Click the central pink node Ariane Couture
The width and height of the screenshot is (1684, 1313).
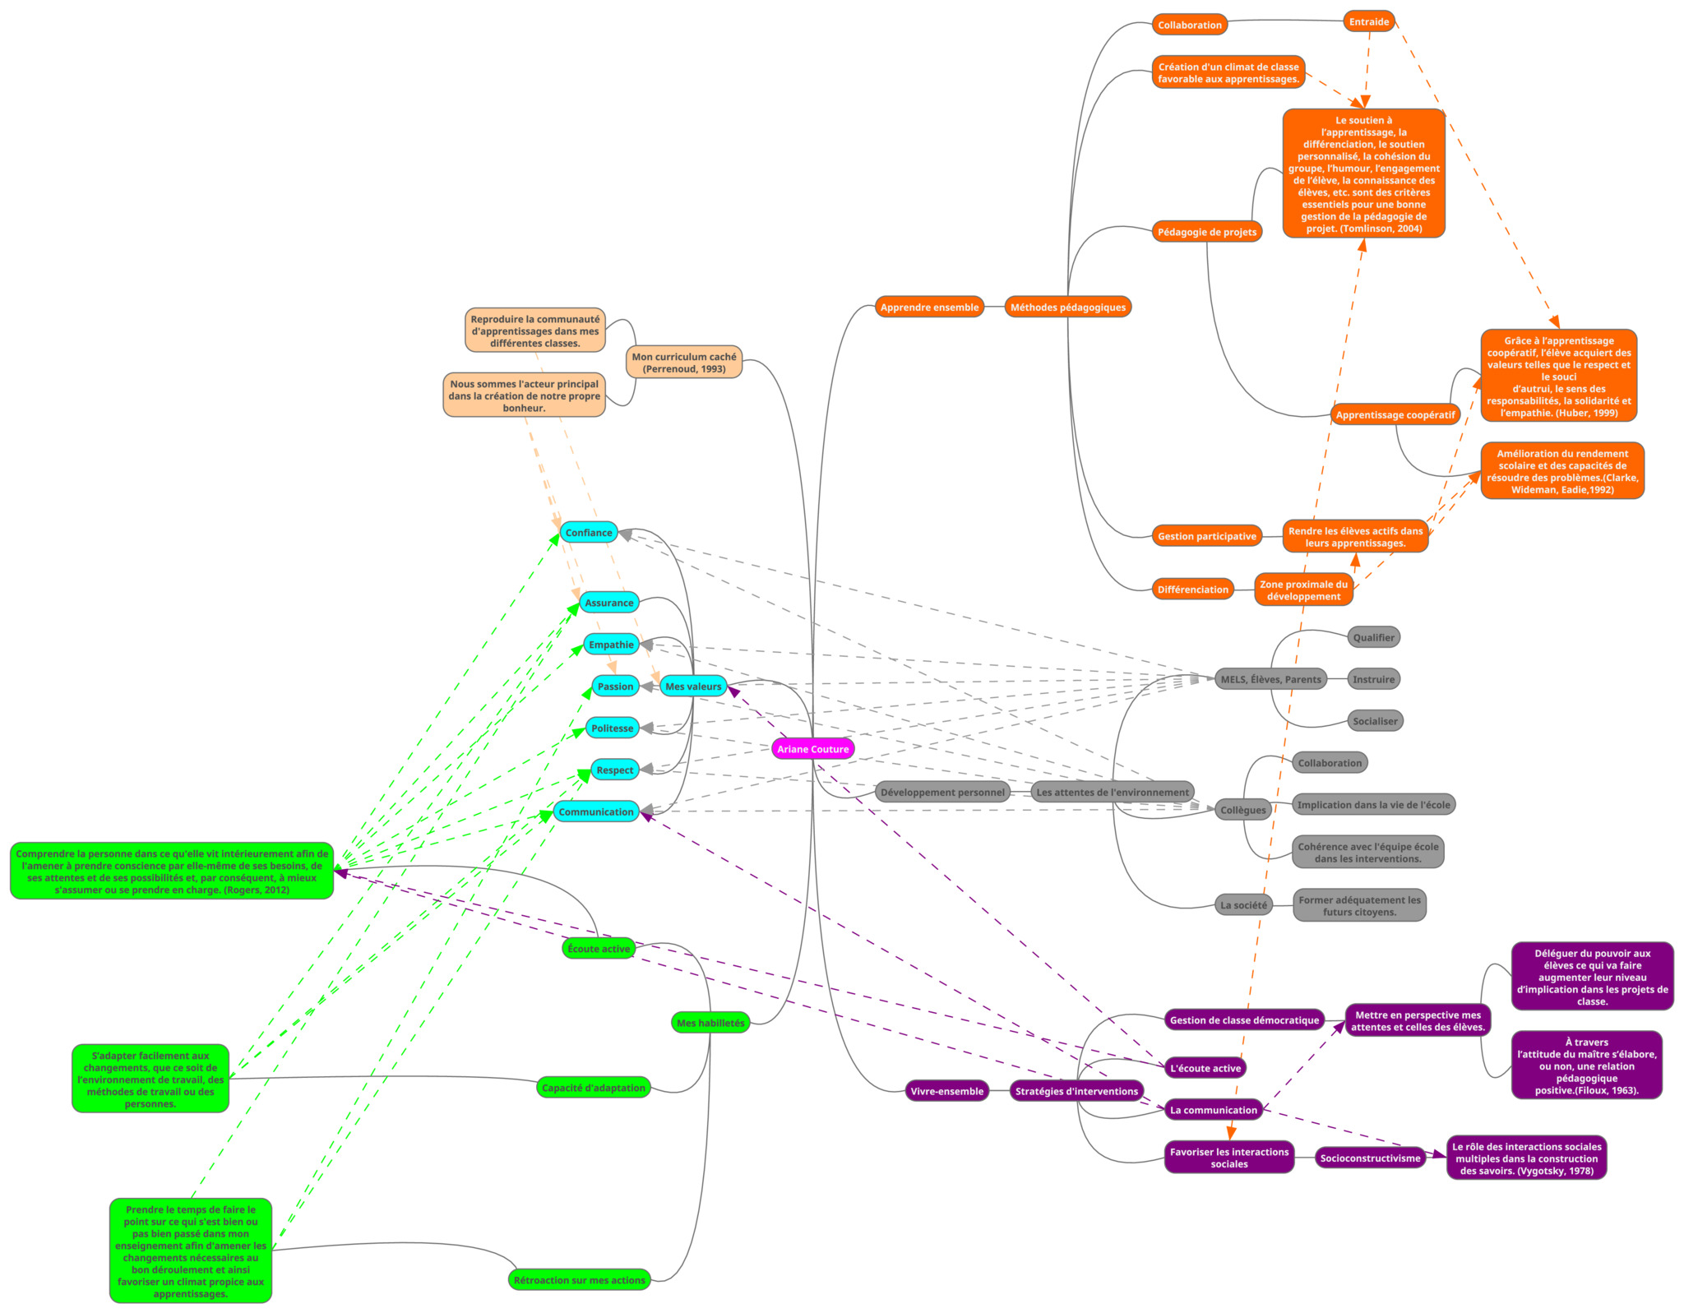812,749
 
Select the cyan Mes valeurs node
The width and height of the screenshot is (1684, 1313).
693,687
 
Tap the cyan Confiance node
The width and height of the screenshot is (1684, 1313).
589,533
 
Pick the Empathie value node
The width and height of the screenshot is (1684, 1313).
611,645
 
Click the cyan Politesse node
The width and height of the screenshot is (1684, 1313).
613,728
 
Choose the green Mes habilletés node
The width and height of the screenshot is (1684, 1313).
710,1023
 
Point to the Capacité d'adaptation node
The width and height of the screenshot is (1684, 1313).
593,1088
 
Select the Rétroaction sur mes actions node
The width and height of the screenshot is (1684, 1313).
579,1280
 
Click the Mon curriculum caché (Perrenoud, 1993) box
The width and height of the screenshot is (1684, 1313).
684,363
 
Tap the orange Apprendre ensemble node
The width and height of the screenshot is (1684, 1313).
929,307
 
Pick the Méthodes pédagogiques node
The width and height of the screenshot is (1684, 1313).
1067,307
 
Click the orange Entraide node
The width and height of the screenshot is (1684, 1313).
1368,22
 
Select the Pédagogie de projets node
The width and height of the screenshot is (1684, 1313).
1206,232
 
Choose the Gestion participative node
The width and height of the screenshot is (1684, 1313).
1206,536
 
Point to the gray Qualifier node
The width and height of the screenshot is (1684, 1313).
1373,637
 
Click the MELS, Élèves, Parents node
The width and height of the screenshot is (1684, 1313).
1270,679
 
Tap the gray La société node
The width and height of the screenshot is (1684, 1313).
1243,905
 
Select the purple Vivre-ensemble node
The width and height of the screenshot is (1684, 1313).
946,1091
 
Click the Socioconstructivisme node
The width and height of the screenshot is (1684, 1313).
1370,1158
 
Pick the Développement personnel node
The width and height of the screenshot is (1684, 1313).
942,793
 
